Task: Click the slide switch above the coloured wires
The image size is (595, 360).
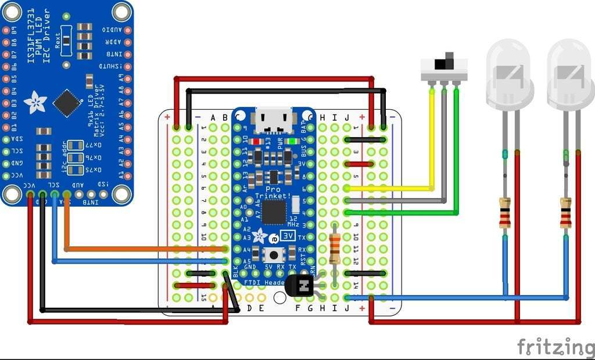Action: (444, 69)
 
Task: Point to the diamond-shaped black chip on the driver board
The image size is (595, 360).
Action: (67, 102)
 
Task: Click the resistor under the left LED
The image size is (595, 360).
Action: (504, 213)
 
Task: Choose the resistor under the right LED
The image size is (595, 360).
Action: (565, 213)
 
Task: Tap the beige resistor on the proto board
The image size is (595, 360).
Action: (334, 248)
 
